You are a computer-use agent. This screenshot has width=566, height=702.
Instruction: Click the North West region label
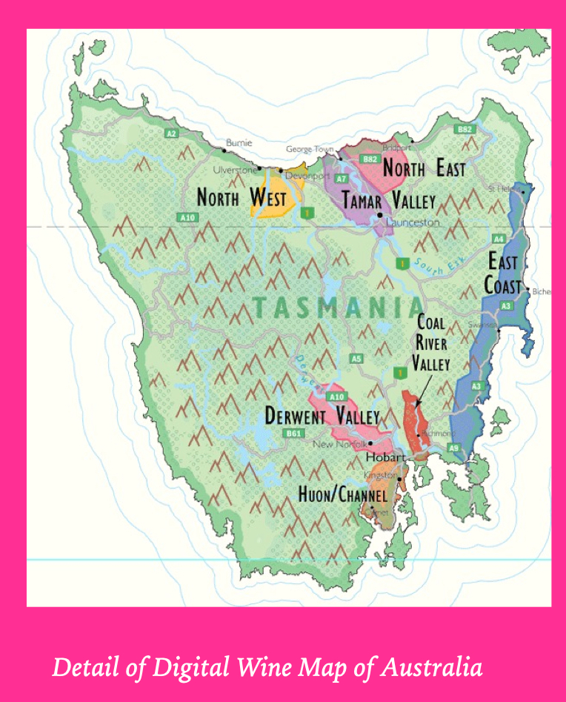[x=242, y=198]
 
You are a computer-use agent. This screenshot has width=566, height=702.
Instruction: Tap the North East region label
[x=424, y=169]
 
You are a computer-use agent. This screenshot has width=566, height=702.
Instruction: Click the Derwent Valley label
[x=322, y=417]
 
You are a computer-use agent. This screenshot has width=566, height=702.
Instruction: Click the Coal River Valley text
[x=431, y=344]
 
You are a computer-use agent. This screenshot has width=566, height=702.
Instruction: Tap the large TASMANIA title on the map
[x=338, y=307]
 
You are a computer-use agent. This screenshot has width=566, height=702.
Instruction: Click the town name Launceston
[x=412, y=222]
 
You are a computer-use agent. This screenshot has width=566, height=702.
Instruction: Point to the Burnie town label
[x=239, y=142]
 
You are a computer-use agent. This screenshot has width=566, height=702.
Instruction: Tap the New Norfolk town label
[x=339, y=445]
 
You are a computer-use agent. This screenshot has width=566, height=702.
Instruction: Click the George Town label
[x=310, y=150]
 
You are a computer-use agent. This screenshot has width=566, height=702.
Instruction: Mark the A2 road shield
[x=171, y=133]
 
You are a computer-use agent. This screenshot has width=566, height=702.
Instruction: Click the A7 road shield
[x=341, y=179]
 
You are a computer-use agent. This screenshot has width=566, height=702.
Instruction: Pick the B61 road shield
[x=294, y=433]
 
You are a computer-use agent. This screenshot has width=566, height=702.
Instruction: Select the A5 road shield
[x=356, y=360]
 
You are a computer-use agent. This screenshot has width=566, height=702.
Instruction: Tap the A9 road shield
[x=453, y=447]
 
